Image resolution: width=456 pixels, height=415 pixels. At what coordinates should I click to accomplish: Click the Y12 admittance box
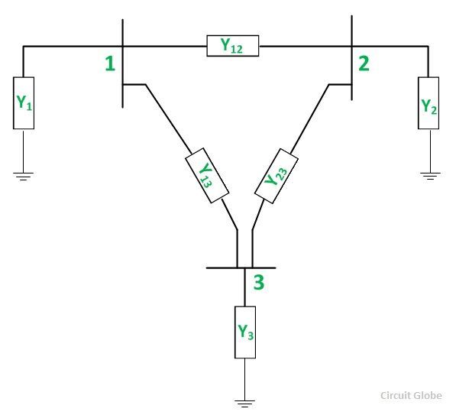click(233, 46)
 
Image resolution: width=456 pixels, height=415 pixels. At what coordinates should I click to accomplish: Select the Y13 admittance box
click(207, 175)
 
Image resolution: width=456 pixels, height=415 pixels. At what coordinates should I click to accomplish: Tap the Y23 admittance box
click(277, 176)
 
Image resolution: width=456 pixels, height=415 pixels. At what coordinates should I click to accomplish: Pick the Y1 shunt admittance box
click(24, 103)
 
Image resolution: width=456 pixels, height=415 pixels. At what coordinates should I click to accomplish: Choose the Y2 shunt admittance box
click(429, 103)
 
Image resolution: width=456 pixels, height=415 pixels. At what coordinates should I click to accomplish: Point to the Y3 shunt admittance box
click(245, 332)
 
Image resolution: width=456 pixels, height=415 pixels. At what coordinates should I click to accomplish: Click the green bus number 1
click(110, 63)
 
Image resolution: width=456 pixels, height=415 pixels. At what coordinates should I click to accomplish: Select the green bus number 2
click(364, 63)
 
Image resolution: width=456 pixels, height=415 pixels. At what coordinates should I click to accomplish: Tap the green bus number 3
click(259, 282)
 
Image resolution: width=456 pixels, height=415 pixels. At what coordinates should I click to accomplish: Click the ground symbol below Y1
click(23, 177)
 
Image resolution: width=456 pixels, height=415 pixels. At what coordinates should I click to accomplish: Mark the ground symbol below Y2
click(430, 176)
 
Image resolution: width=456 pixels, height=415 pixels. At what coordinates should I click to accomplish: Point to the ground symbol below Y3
click(245, 404)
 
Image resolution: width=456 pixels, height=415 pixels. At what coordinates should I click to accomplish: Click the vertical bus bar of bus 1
click(122, 63)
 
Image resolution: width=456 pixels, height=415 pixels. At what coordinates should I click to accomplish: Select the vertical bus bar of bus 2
click(352, 57)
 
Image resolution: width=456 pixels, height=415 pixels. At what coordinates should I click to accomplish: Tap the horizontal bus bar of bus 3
click(241, 267)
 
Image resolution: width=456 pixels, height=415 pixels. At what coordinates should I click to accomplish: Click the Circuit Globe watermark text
click(411, 395)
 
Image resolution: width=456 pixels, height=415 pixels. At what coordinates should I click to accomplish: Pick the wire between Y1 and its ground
click(23, 151)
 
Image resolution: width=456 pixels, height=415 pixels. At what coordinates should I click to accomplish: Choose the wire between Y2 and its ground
click(430, 151)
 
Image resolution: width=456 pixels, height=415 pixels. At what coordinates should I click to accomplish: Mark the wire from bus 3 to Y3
click(245, 287)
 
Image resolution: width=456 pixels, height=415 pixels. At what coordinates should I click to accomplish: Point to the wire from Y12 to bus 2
click(306, 46)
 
